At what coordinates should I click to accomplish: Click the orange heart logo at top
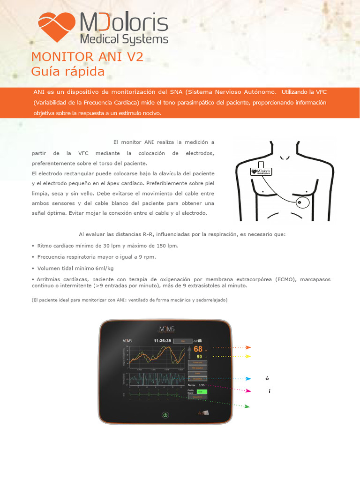point(56,27)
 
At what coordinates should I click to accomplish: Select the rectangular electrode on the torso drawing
point(261,171)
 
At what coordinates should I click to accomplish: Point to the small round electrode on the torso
point(302,202)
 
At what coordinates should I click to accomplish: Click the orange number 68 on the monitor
point(198,349)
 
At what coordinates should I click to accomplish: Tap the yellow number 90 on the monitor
point(199,356)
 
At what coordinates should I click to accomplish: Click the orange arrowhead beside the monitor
point(248,347)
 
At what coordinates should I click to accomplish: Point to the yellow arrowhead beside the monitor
point(248,356)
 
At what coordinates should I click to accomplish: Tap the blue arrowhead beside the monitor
point(248,378)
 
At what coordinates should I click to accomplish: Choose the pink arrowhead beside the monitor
point(248,390)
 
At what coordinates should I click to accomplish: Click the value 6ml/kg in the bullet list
point(104,268)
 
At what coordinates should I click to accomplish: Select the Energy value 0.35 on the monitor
point(202,385)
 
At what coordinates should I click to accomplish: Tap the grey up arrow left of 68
point(189,349)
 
